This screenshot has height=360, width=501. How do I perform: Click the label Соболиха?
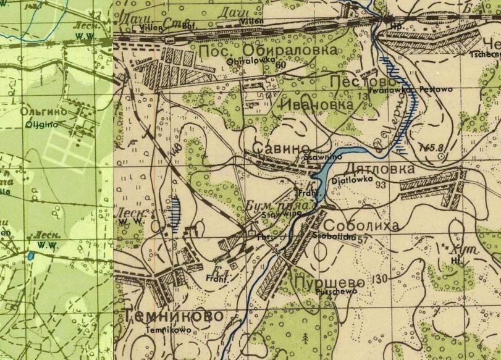coord(361,225)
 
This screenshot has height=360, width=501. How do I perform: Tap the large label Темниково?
coord(173,316)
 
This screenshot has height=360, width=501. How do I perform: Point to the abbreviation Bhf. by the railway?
coord(189,28)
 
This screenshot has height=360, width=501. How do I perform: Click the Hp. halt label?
coord(395,27)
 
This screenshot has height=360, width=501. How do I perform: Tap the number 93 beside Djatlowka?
coord(380,185)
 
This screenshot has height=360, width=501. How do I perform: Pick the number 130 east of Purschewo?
coord(380,279)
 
